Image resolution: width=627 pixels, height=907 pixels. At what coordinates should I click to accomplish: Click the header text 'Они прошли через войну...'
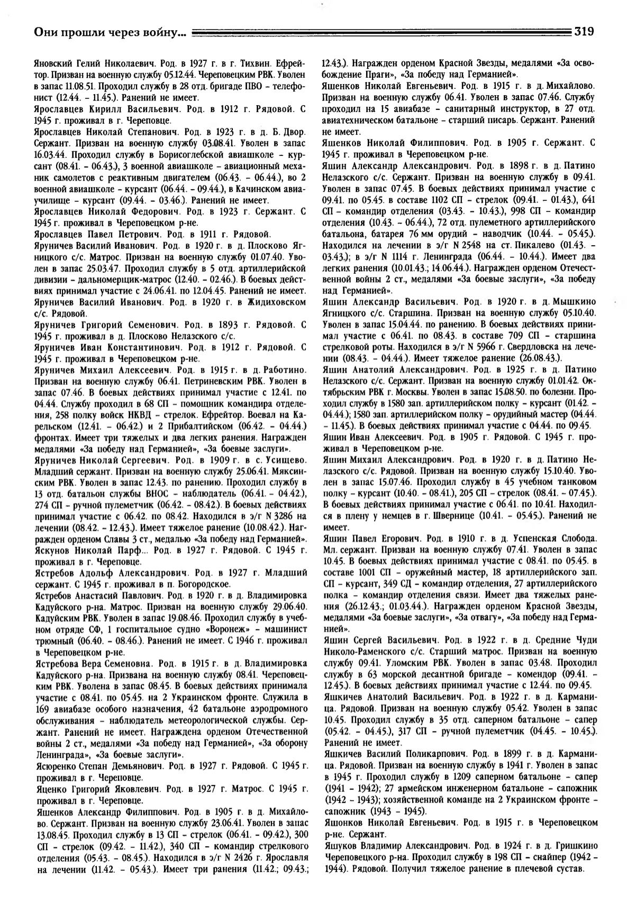tap(110, 33)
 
